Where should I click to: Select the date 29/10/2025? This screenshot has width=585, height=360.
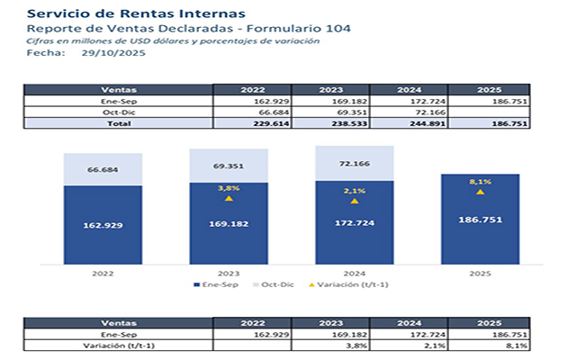(113, 53)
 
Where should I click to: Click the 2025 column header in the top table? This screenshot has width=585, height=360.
(487, 90)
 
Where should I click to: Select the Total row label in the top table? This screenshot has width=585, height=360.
(118, 123)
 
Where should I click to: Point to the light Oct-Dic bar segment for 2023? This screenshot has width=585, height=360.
(229, 166)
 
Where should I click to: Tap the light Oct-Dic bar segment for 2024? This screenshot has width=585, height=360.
(355, 164)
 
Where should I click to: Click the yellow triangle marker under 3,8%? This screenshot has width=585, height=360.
(229, 198)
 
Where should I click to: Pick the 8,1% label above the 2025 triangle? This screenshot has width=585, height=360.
(480, 181)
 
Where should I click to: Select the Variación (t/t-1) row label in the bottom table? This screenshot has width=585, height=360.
(118, 345)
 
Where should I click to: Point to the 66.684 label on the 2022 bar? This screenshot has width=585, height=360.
(103, 169)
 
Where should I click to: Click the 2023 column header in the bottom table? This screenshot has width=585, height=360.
(330, 322)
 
